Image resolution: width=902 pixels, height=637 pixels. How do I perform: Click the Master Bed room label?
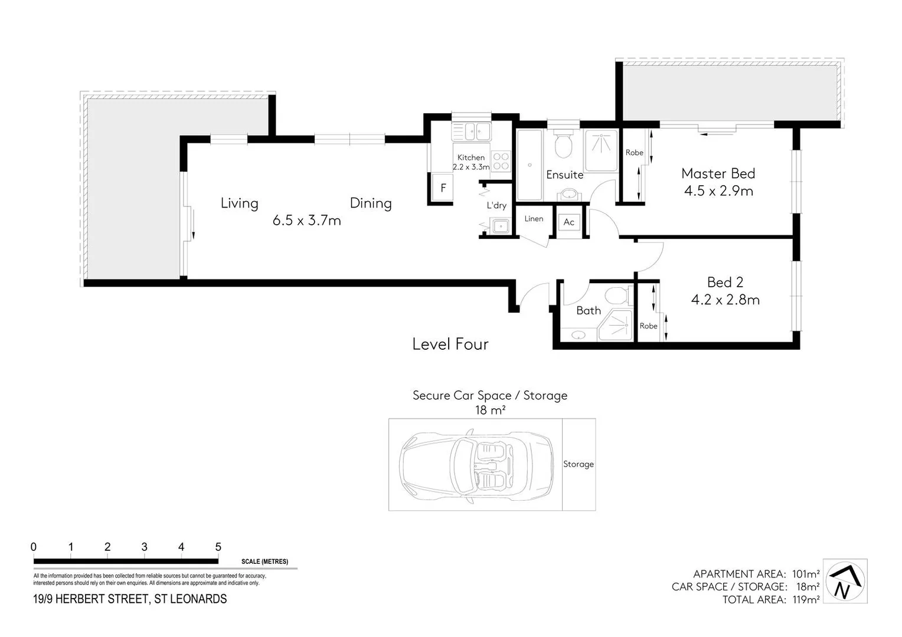[x=718, y=173]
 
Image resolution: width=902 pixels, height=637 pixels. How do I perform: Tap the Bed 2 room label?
[x=725, y=283]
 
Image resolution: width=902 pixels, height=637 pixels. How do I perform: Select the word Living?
[x=239, y=203]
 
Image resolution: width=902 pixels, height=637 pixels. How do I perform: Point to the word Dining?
[x=371, y=203]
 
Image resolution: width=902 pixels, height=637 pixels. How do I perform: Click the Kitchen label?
[x=471, y=157]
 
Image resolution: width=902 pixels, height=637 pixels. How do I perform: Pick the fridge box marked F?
[x=443, y=188]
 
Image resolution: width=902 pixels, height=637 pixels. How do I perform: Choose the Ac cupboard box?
[x=569, y=222]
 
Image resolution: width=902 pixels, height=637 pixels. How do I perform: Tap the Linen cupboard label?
[x=534, y=219]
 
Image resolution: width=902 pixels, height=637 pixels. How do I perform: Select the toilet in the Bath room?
[x=617, y=294]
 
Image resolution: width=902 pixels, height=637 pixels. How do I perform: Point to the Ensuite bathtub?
[x=530, y=165]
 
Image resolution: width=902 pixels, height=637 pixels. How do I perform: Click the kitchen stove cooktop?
[x=501, y=161]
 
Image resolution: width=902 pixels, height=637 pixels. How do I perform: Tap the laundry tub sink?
[x=501, y=225]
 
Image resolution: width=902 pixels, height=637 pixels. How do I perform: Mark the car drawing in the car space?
[x=477, y=464]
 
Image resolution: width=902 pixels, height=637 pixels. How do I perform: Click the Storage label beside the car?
[x=578, y=464]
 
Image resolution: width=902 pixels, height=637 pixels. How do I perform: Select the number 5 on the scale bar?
[x=218, y=547]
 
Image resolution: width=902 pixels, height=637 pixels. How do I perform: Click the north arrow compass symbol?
[x=845, y=581]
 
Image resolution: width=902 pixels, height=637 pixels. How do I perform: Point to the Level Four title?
[x=450, y=344]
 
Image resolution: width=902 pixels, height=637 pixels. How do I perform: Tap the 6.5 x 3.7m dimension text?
[x=307, y=221]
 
